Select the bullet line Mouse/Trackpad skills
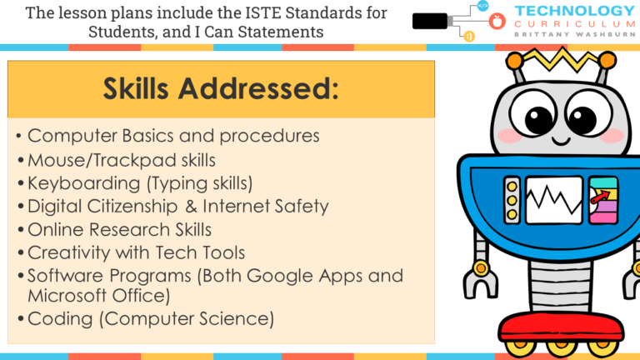point(122,159)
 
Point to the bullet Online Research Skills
point(119,229)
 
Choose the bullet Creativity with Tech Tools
point(136,252)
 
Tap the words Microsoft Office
point(99,295)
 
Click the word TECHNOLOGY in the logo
point(574,11)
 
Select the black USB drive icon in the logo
point(431,21)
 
